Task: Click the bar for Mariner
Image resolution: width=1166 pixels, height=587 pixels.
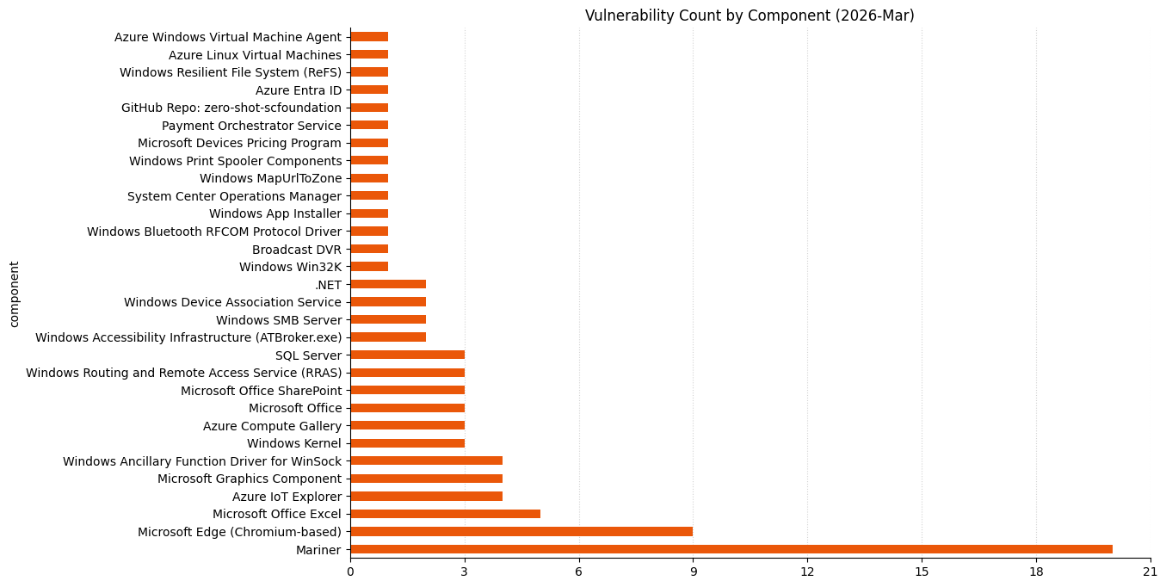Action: coord(731,549)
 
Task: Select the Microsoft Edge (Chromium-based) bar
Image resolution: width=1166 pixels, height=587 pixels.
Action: coord(521,532)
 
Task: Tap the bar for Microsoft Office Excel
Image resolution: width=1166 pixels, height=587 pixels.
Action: coord(445,514)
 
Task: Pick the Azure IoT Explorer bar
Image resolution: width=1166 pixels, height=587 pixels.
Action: coord(426,497)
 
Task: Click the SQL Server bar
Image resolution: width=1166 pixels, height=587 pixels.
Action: coord(407,355)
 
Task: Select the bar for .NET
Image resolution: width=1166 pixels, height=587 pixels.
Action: coord(388,284)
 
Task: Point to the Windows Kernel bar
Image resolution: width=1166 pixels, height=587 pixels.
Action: coord(407,443)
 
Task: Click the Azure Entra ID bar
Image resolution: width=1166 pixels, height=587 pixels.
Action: coord(369,90)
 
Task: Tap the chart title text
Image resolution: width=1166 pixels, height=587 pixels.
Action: coord(750,15)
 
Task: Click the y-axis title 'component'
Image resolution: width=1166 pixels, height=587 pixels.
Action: coord(14,294)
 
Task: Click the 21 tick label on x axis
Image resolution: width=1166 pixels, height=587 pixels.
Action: coord(1150,572)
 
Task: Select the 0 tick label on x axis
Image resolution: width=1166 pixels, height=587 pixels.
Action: coord(350,572)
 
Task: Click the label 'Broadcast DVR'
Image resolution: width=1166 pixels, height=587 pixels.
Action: coord(296,249)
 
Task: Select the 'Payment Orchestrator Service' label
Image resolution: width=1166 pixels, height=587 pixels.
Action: coord(251,126)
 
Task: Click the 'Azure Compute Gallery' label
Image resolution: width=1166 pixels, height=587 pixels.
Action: coord(272,426)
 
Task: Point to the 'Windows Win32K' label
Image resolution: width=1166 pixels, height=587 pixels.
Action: coord(290,267)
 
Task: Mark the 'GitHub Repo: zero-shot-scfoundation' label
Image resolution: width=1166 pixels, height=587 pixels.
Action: coord(231,108)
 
